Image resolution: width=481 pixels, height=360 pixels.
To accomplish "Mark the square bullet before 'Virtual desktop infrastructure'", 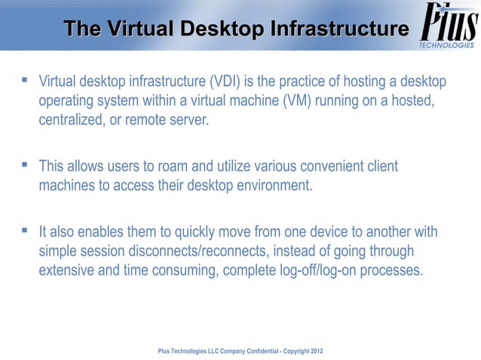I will (25, 79).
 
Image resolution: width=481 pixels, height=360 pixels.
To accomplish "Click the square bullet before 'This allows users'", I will (25, 163).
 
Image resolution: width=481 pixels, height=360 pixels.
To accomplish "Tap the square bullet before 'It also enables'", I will (25, 228).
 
